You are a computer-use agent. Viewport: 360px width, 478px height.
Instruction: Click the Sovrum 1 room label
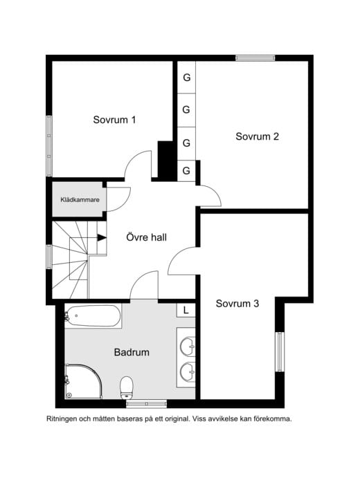point(114,120)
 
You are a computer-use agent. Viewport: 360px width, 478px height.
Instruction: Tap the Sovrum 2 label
point(257,136)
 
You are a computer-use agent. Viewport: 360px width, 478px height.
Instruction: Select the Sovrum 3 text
point(237,303)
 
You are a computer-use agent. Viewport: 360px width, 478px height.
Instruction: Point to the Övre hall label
point(147,237)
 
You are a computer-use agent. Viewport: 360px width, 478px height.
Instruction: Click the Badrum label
point(132,352)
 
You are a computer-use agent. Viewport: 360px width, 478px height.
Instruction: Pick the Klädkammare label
point(80,200)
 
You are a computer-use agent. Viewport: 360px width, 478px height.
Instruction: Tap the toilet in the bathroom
point(127,388)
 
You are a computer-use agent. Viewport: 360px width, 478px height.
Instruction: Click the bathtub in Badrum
point(93,316)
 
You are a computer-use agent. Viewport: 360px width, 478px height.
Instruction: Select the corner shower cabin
point(83,381)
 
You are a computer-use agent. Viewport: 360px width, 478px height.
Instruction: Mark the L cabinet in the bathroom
point(186,311)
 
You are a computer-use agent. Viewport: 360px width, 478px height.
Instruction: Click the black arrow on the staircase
point(102,237)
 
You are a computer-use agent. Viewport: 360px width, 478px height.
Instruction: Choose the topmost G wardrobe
point(186,77)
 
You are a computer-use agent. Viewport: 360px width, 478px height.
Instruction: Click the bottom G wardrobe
point(186,171)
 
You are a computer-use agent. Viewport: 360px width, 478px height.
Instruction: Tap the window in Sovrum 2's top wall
point(255,58)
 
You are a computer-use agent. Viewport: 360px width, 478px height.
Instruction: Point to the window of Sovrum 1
point(49,146)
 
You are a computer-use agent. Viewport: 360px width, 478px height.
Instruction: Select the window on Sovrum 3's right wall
point(280,352)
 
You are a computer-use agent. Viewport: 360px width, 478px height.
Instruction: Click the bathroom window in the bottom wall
point(147,405)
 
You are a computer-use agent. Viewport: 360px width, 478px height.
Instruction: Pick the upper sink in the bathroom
point(188,347)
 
